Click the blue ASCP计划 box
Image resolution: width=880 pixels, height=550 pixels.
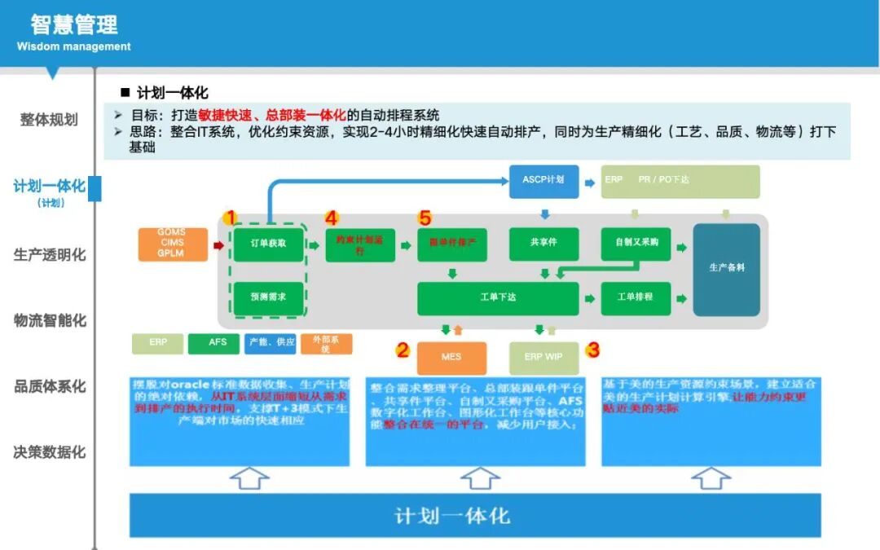coord(543,178)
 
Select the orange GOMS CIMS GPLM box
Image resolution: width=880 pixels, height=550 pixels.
coord(171,243)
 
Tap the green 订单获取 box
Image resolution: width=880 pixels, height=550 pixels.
coord(268,244)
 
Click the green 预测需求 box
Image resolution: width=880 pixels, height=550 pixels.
coord(268,297)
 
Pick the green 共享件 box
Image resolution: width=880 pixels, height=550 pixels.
coord(543,244)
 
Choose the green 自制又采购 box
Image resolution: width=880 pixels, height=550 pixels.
coord(636,244)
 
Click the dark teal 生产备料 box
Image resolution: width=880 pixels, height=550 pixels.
coord(726,270)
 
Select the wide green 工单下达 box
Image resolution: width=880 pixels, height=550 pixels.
coord(498,298)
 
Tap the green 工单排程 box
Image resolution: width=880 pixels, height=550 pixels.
coord(636,298)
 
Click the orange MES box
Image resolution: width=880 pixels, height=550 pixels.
coord(451,358)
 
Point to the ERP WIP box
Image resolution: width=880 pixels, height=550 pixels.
coord(543,358)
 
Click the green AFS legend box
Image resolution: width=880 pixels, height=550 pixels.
coord(218,343)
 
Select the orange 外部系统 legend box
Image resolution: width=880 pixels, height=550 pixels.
coord(326,344)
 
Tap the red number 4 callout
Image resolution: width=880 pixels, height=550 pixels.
coord(331,218)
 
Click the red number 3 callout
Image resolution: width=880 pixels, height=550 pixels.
coord(593,350)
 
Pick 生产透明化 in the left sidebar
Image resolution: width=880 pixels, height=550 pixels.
coord(49,254)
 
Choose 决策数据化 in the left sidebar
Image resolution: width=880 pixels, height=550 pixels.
coord(49,451)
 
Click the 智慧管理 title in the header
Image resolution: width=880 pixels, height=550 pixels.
coord(74,24)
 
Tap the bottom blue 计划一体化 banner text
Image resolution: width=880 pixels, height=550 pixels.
coord(452,515)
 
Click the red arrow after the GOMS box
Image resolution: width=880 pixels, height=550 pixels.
coord(218,244)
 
